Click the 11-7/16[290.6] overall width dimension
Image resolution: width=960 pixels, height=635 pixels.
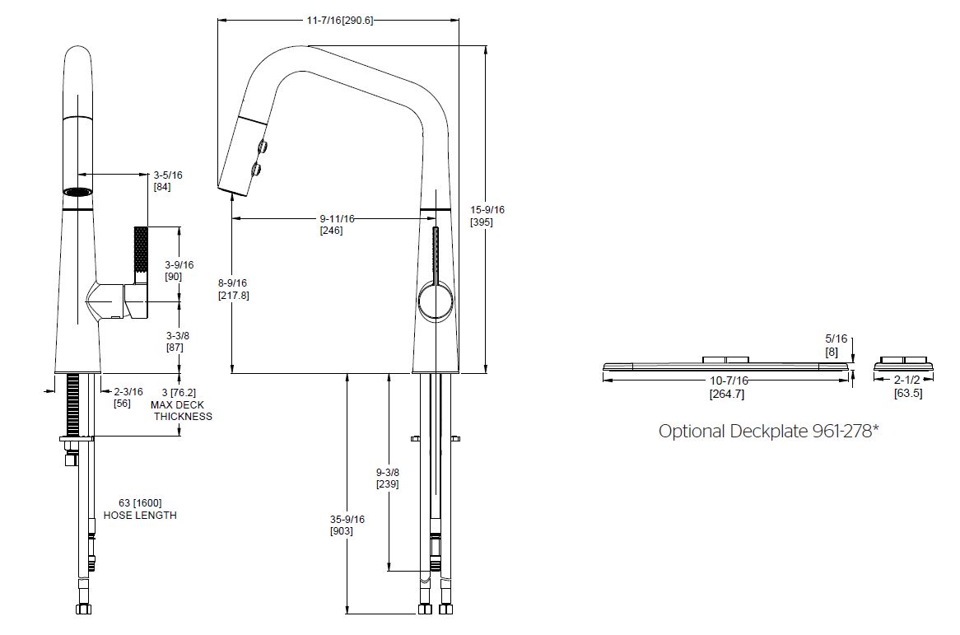(x=339, y=21)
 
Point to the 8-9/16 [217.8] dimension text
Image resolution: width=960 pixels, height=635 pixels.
(x=233, y=289)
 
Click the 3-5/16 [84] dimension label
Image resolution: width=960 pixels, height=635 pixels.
(x=167, y=180)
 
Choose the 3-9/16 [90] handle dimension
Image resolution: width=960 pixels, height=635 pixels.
(x=179, y=271)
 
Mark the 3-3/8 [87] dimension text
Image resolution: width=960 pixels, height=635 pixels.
(x=178, y=341)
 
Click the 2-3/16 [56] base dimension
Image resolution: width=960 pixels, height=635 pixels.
(x=128, y=398)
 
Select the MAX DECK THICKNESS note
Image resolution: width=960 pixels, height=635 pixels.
(x=180, y=410)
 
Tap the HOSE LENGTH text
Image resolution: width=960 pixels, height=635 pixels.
(x=140, y=515)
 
